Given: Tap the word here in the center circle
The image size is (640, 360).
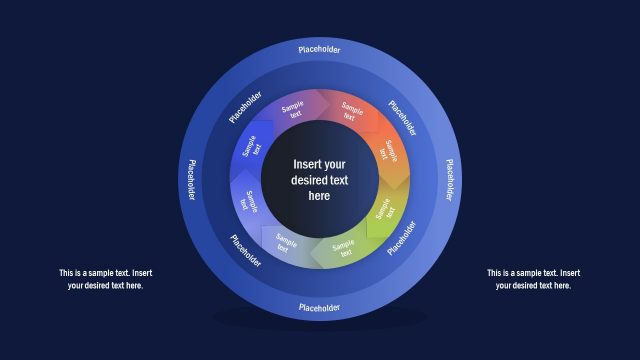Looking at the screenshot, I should (319, 197).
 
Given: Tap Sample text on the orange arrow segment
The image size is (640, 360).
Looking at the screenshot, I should (391, 152).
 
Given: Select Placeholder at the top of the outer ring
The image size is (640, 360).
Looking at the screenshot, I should (320, 48).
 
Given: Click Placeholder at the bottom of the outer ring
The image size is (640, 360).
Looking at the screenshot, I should (320, 307).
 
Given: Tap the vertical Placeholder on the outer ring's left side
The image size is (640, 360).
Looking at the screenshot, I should (190, 179).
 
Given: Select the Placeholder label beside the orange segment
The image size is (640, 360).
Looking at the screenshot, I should (404, 118).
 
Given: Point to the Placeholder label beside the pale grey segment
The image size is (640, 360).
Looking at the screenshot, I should (246, 250).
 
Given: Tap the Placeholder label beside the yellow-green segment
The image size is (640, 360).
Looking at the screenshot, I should (404, 240).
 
